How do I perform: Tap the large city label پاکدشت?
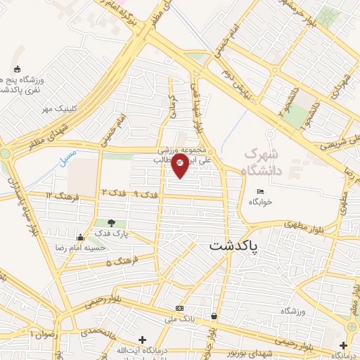click(233, 247)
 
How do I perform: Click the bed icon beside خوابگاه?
click(261, 192)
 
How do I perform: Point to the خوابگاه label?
click(259, 202)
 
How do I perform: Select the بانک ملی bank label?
click(179, 318)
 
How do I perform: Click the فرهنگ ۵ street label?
click(119, 262)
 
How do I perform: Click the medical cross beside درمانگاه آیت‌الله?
click(143, 340)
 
